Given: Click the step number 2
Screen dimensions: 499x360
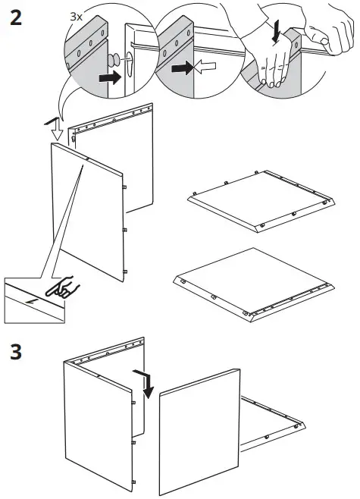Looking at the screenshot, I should coord(15,17).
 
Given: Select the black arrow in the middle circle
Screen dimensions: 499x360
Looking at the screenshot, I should coord(183,68).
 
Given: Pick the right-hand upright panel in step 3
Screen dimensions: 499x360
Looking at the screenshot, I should coord(201,432).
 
